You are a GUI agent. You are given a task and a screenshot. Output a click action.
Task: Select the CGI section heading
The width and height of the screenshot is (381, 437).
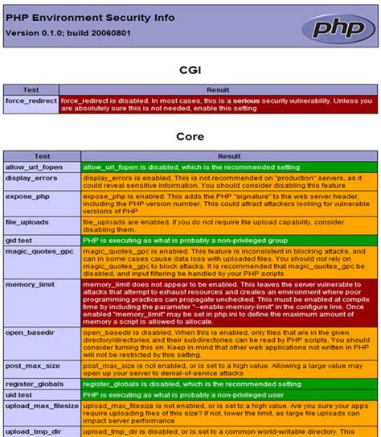point(190,70)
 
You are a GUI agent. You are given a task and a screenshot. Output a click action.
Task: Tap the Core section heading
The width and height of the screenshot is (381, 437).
point(190,137)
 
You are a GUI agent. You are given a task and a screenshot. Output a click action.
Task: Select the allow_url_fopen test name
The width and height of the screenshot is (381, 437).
point(35,167)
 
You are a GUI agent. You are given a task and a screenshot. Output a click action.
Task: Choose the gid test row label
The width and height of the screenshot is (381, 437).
point(20,240)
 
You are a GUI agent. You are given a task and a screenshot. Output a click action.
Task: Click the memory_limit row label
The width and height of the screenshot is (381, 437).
point(30,285)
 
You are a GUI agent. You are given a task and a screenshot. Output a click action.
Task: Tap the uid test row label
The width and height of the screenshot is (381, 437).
point(20,397)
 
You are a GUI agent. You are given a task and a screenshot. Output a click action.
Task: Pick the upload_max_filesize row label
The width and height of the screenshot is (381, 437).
point(40,407)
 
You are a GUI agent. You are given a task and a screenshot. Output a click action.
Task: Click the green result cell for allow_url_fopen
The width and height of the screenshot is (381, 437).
point(228,167)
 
